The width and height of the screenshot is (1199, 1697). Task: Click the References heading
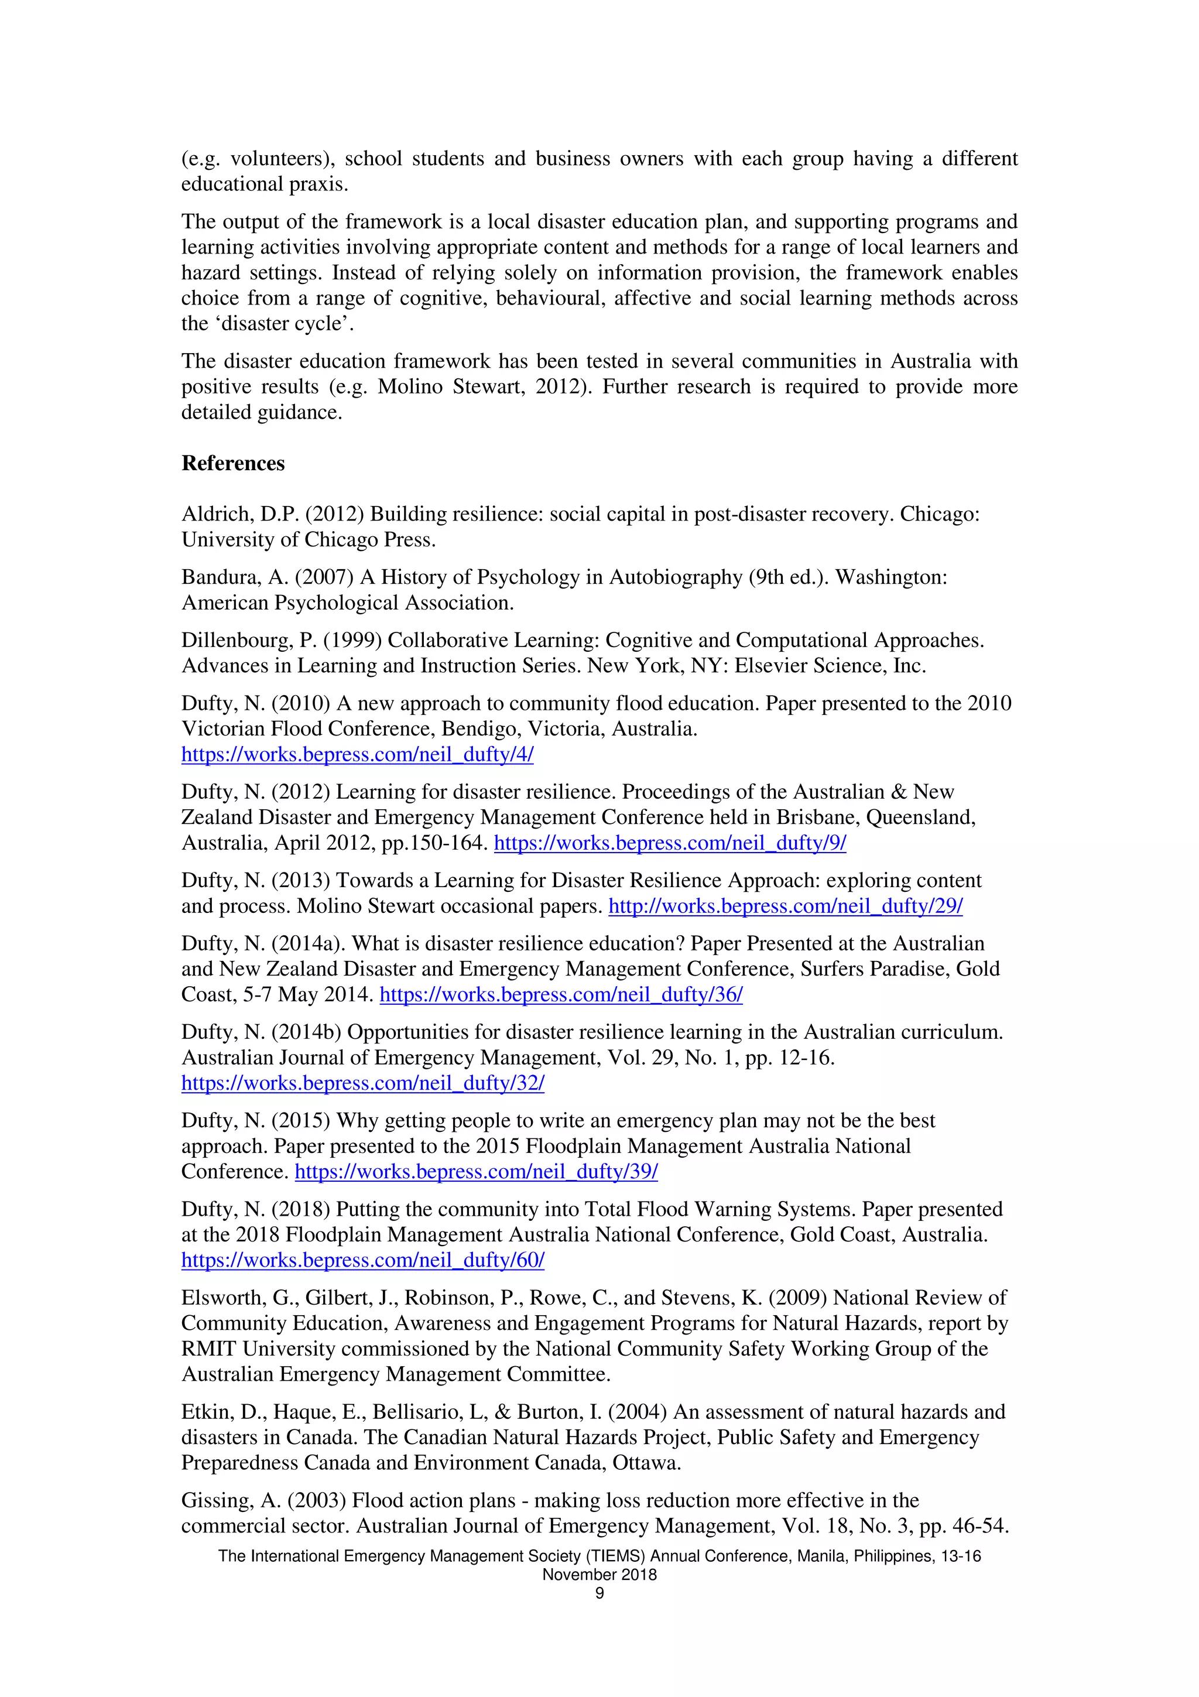tap(232, 463)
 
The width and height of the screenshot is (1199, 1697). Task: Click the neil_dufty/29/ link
tap(785, 906)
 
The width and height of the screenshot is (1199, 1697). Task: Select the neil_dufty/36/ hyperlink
tap(561, 995)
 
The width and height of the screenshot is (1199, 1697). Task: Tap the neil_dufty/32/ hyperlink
tap(363, 1083)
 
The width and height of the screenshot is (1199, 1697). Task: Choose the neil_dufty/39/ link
tap(476, 1172)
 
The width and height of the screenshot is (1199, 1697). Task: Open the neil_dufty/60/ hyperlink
tap(363, 1261)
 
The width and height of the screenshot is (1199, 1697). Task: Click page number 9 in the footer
tap(599, 1593)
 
